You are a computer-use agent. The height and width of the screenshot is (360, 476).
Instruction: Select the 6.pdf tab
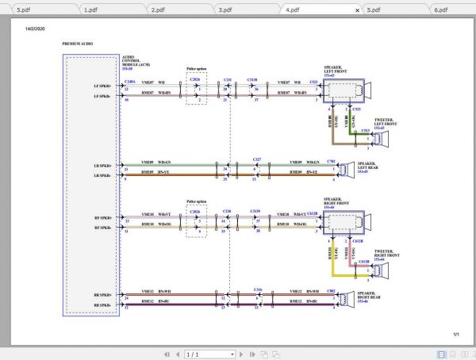click(x=441, y=10)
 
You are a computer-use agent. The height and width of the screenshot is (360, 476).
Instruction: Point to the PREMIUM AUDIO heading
click(x=76, y=44)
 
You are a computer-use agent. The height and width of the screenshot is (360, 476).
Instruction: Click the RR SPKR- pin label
click(x=103, y=305)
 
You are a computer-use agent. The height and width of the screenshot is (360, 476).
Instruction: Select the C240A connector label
click(x=130, y=80)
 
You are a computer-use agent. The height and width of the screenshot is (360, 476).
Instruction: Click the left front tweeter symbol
click(x=381, y=140)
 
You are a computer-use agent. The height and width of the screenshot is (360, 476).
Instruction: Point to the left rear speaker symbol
click(x=347, y=169)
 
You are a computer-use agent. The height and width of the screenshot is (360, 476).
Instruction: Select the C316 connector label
click(x=258, y=290)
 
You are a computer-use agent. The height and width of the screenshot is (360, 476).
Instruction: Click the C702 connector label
click(x=330, y=161)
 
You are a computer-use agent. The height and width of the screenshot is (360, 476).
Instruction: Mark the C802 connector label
click(x=330, y=291)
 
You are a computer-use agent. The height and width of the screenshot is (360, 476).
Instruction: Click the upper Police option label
click(x=196, y=69)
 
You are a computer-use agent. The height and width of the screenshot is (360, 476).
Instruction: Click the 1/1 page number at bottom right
click(x=456, y=334)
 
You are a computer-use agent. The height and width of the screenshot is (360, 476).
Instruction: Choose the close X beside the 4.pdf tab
click(x=358, y=10)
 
